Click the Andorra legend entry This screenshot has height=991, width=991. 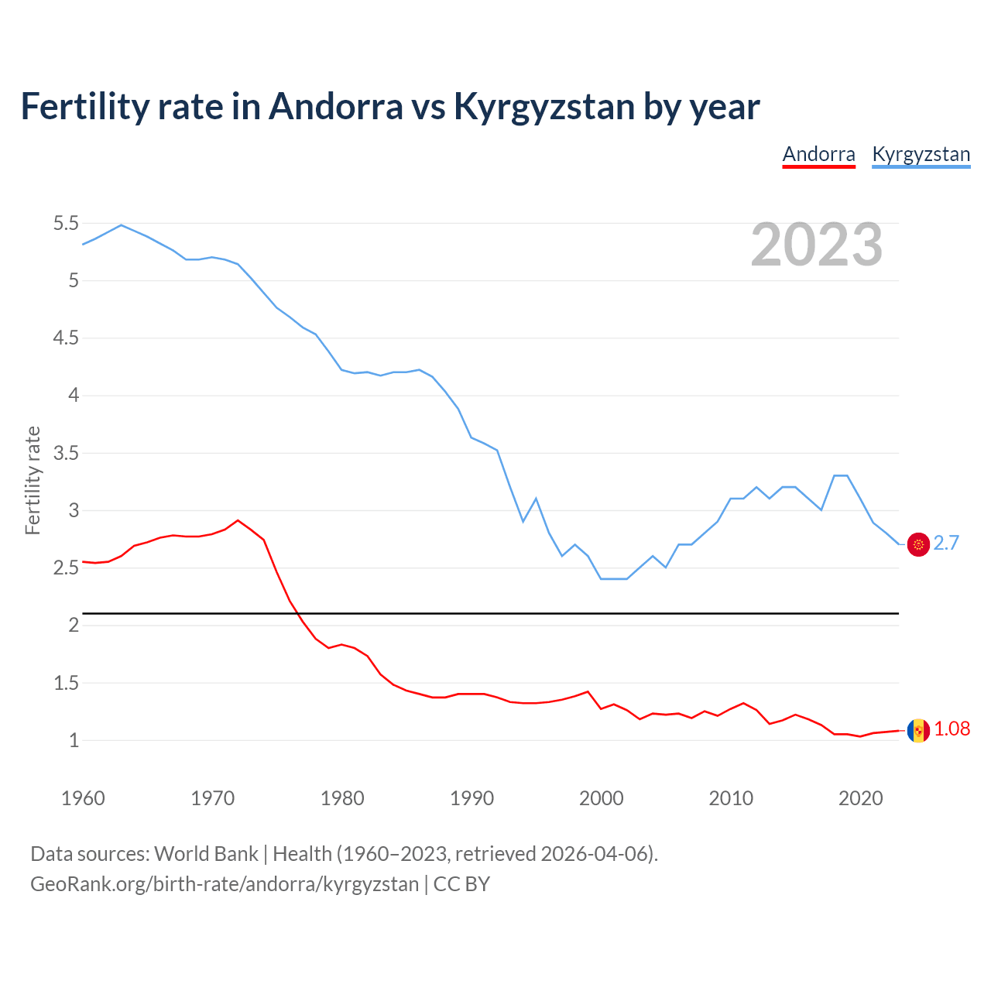(x=818, y=154)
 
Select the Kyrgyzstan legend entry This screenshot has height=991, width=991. (x=921, y=154)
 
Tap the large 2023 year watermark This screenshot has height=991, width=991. (x=817, y=245)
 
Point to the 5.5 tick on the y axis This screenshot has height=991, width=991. (x=66, y=224)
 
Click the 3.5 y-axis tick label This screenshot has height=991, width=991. (x=66, y=453)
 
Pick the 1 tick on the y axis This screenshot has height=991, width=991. (x=74, y=741)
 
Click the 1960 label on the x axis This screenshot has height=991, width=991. (x=83, y=798)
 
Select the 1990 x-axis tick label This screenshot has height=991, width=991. (x=471, y=798)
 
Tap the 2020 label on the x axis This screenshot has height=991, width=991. (x=860, y=798)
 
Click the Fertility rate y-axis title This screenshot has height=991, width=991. (x=33, y=480)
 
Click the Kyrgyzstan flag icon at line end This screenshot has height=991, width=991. (x=918, y=544)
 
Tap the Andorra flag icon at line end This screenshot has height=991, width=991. (x=918, y=730)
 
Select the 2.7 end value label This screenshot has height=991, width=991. (x=946, y=544)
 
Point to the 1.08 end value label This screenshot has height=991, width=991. (x=952, y=729)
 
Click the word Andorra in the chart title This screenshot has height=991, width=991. (x=335, y=107)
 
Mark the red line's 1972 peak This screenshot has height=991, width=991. (x=238, y=520)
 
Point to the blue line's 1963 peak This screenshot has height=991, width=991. (x=121, y=225)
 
